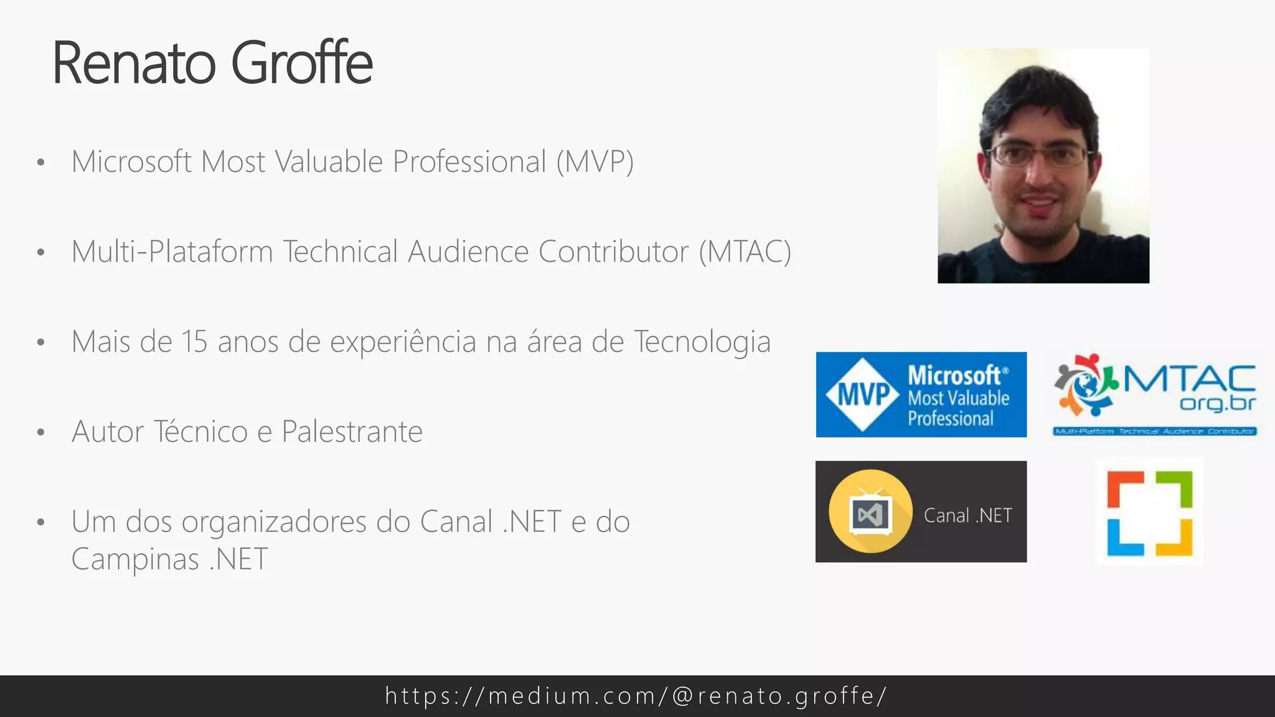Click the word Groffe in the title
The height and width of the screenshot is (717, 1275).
[302, 63]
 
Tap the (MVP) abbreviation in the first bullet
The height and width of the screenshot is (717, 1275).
[595, 162]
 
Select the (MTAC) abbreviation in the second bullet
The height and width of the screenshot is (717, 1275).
[745, 252]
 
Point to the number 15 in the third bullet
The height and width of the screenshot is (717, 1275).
[194, 342]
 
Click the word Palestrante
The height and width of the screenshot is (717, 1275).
[352, 432]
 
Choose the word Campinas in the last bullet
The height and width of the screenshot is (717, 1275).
[135, 559]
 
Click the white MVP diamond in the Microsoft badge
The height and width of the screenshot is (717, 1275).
[863, 394]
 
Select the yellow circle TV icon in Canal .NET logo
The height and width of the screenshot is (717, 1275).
[870, 512]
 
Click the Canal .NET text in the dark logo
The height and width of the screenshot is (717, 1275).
[967, 515]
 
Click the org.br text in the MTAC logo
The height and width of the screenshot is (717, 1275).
[1218, 403]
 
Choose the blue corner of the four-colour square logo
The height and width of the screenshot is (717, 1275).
[1124, 538]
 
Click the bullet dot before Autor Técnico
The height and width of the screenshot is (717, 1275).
[41, 432]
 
